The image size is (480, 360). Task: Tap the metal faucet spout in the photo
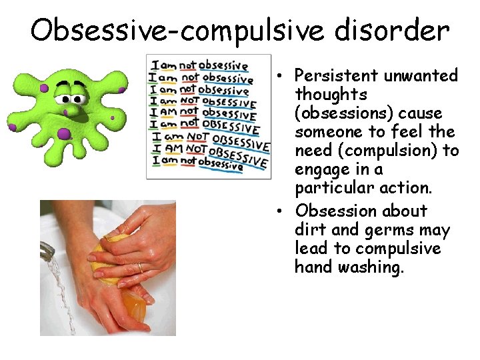pos(47,251)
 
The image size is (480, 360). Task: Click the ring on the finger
pos(139,267)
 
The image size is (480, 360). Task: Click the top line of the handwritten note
pos(200,65)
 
